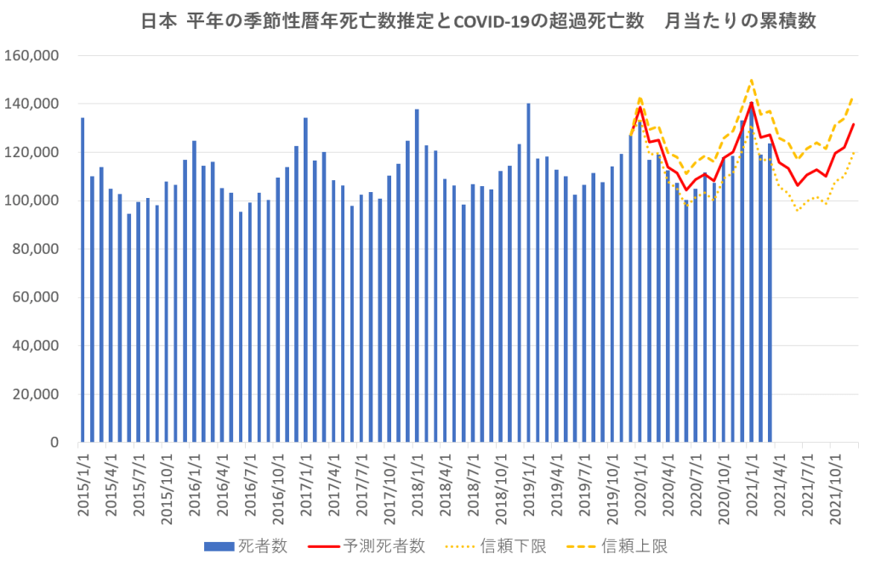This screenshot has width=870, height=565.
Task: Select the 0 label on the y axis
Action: coord(53,443)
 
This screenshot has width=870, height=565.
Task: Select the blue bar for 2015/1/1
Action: coord(82,280)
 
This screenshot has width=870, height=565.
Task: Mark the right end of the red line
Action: coord(854,125)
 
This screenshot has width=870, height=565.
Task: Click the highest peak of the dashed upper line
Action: coord(752,81)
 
